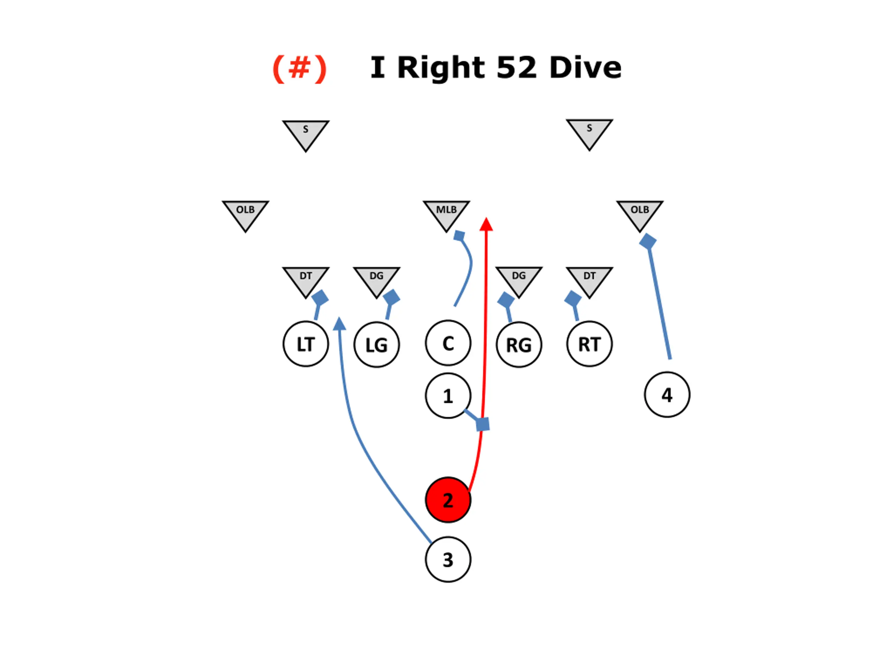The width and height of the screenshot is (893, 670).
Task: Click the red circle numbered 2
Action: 448,500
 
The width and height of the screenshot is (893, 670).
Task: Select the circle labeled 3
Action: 448,559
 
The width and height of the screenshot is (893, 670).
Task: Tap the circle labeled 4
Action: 667,395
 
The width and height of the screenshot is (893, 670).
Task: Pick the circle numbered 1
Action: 448,395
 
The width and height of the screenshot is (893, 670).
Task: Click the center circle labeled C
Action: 448,343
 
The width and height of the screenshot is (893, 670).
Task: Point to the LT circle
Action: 306,344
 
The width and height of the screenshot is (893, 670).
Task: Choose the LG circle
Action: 377,344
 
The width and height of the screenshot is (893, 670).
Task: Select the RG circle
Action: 519,344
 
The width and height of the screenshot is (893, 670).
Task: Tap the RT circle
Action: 590,344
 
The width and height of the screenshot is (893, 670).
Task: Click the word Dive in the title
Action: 585,67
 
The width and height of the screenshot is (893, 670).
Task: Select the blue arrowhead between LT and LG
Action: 339,323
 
